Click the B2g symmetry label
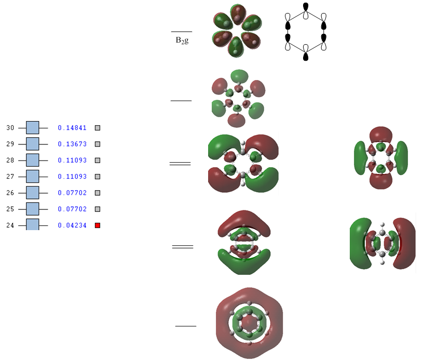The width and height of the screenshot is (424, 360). [182, 39]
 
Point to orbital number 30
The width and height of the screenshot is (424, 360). [10, 128]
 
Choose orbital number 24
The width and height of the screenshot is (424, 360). [10, 225]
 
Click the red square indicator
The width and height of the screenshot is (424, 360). [97, 225]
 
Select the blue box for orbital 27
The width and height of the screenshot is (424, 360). [33, 177]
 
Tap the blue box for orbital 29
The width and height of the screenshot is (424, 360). [33, 144]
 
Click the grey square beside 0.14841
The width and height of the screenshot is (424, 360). [97, 128]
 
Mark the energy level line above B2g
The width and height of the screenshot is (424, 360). [182, 32]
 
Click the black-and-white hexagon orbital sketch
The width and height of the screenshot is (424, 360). [305, 32]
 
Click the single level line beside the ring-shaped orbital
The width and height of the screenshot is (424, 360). [186, 326]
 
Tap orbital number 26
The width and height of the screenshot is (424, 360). [10, 193]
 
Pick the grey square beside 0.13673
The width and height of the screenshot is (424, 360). [97, 144]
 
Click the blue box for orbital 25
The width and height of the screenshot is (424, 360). [33, 209]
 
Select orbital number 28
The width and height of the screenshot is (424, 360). [10, 161]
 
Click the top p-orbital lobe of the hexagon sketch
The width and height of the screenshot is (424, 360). [305, 7]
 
